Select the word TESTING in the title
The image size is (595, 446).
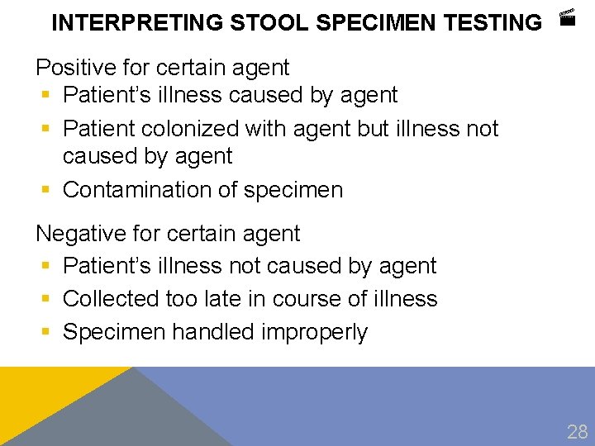pyautogui.click(x=493, y=23)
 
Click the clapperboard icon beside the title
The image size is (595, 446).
pyautogui.click(x=566, y=17)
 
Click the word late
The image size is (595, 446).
pyautogui.click(x=217, y=298)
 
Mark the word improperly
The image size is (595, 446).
pyautogui.click(x=315, y=332)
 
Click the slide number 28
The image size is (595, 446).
pyautogui.click(x=577, y=430)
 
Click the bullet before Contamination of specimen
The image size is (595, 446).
pyautogui.click(x=45, y=190)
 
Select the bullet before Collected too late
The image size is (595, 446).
pyautogui.click(x=45, y=299)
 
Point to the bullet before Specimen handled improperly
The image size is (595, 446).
pyautogui.click(x=45, y=332)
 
